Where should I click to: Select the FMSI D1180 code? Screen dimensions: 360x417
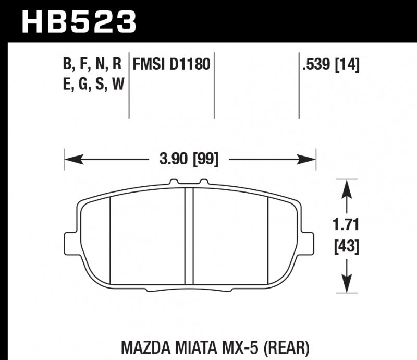(171, 65)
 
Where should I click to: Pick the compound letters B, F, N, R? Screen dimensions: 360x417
(92, 65)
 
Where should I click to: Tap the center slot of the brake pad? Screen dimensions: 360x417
(190, 235)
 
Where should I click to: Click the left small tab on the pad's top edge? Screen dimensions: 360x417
(174, 183)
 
